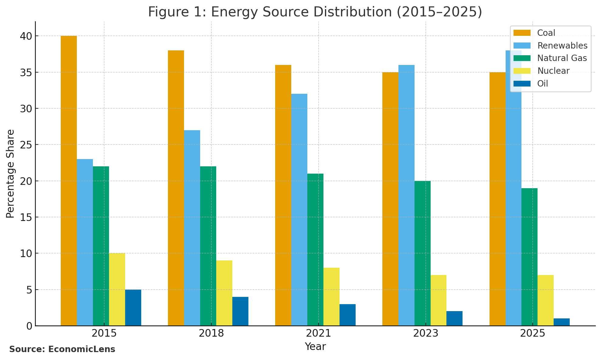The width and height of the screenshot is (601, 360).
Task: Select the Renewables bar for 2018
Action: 192,228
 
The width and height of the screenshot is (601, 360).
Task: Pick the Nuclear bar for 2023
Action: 439,300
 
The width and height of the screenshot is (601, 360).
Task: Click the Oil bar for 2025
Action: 562,322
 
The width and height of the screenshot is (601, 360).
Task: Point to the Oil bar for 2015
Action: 133,307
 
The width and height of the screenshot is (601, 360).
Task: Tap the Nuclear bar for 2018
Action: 224,293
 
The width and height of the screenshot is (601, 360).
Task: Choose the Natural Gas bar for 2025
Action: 529,257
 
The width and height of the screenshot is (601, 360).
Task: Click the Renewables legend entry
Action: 562,46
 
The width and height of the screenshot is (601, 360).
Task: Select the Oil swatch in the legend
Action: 522,83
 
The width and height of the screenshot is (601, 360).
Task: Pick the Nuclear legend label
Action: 553,71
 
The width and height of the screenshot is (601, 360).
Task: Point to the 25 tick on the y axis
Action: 26,145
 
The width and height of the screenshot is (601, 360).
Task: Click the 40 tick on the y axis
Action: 26,36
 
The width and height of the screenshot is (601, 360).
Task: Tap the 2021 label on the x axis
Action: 318,334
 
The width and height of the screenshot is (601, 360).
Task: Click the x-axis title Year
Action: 315,347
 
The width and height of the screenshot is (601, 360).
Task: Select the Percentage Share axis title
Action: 10,174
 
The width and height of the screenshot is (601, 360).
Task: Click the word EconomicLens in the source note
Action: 82,349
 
